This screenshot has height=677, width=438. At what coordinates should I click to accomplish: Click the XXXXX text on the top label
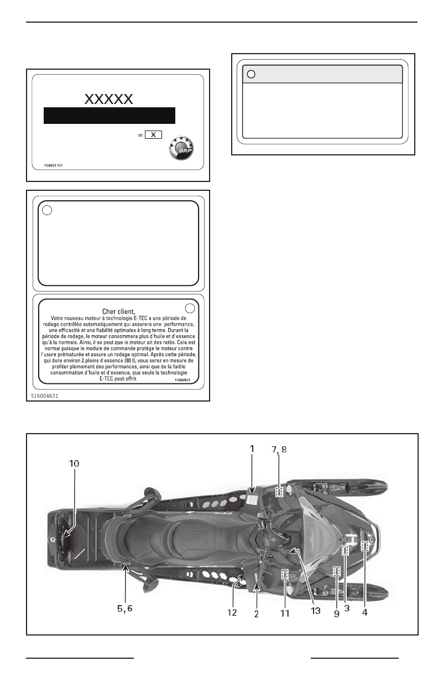(x=109, y=99)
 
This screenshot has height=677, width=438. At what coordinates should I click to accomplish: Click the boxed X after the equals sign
(x=153, y=135)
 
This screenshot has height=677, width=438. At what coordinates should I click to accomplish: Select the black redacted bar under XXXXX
(x=109, y=116)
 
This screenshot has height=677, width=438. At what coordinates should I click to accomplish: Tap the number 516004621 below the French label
(x=45, y=396)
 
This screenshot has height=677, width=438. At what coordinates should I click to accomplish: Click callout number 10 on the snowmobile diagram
(x=74, y=464)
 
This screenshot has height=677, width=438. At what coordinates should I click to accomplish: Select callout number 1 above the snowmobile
(x=252, y=449)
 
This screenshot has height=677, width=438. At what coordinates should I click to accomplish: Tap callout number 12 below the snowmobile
(x=232, y=613)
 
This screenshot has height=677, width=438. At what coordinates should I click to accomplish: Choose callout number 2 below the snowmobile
(x=257, y=614)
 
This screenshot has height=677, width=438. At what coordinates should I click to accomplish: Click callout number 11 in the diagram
(x=284, y=613)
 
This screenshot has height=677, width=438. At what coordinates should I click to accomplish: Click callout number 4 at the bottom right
(x=365, y=613)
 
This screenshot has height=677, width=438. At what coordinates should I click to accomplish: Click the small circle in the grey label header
(x=251, y=74)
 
